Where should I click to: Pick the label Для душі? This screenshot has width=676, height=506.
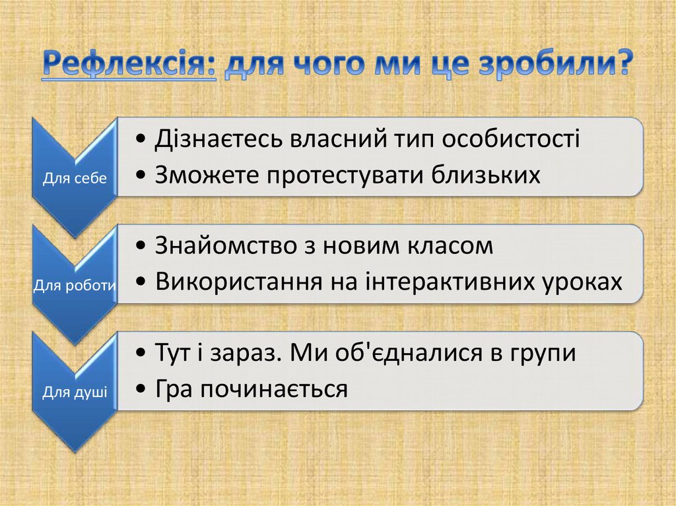(75, 393)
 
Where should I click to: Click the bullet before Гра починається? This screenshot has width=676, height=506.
(143, 390)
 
